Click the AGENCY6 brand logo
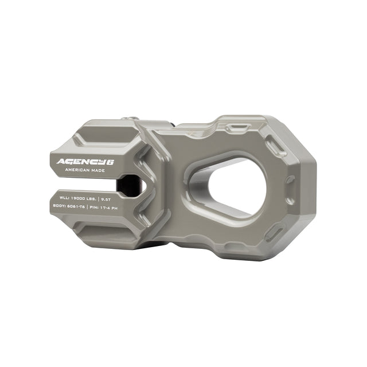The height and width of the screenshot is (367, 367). [x=85, y=162]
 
